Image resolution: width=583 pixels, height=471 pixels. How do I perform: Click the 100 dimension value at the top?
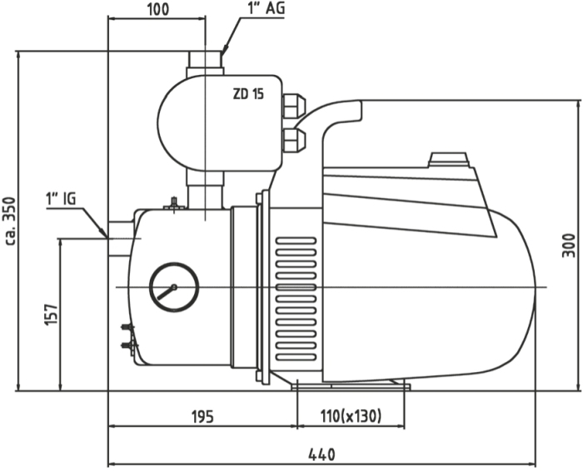[x=157, y=9]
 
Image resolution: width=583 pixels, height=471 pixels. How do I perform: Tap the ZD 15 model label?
[x=248, y=94]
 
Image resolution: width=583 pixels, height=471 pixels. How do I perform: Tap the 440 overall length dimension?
[x=321, y=454]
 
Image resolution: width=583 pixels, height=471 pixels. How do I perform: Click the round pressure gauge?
[x=174, y=288]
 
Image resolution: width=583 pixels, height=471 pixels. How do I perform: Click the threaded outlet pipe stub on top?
[x=205, y=62]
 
